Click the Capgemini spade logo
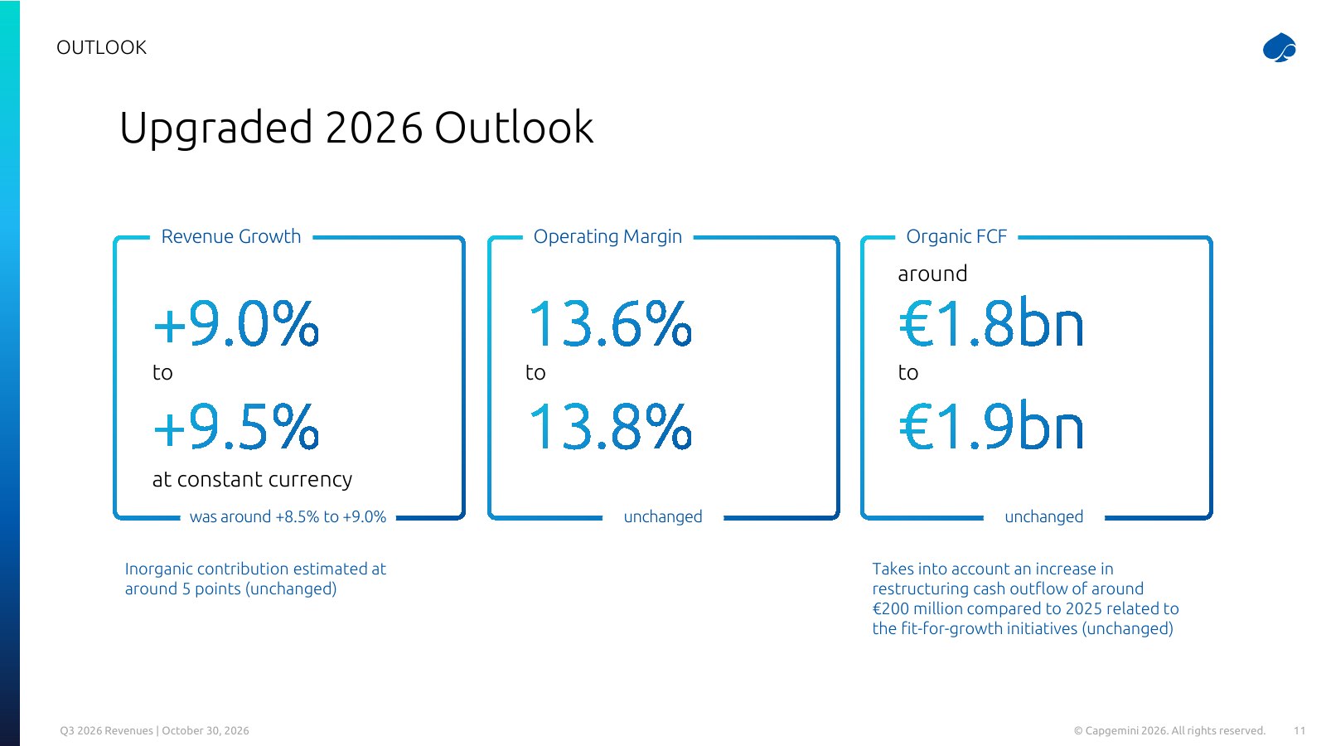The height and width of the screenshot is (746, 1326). pos(1280,47)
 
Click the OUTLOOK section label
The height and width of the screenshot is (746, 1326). pos(101,47)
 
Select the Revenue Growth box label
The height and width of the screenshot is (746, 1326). pos(231,236)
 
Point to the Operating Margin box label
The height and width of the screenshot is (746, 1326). pos(607,236)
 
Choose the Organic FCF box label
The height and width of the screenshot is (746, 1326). pos(956,236)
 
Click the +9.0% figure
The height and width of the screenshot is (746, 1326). pos(236,323)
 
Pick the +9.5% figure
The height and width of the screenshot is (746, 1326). pos(236,426)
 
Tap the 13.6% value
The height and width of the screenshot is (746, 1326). pos(609,323)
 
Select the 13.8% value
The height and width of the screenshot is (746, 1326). pos(609,426)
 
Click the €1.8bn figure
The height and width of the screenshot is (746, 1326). pos(991,323)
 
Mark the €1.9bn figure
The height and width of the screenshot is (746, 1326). pos(991,426)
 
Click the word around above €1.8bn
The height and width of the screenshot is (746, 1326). pos(932,274)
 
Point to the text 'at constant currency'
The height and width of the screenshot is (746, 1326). pos(252,479)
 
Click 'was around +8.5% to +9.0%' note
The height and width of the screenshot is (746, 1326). pos(288,517)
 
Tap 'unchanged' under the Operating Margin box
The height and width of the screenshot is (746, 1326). pos(663,517)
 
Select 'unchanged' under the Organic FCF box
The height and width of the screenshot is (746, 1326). pos(1044,517)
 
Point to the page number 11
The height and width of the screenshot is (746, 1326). pos(1299,730)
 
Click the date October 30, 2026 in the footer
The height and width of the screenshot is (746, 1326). pos(206,730)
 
